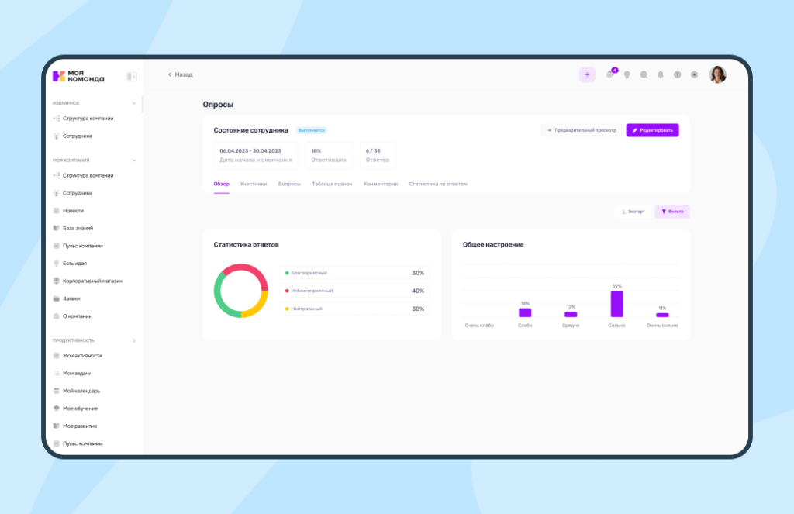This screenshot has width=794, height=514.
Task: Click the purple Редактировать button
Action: pos(652,130)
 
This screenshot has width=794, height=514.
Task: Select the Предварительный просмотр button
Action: pos(582,130)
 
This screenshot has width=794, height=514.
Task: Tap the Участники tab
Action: pos(254,184)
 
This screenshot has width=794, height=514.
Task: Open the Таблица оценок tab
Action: pos(332,184)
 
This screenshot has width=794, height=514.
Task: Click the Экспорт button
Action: pos(633,211)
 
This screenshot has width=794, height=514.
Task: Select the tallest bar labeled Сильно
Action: pos(617,304)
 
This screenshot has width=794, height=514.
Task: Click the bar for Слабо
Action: pos(525,312)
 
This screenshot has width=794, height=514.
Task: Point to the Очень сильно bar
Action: pos(662,315)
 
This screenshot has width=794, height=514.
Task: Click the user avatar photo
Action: pos(718,74)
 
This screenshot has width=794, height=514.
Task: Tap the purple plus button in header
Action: pos(587,74)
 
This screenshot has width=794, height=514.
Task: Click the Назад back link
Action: pos(181,74)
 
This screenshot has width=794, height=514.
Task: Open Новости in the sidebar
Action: pos(73,210)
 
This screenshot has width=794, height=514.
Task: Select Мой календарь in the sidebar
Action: pos(81,391)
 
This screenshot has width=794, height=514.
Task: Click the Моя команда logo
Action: pos(78,76)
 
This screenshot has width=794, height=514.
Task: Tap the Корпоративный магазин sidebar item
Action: pos(92,281)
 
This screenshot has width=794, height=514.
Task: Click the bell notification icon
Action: pos(661,74)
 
